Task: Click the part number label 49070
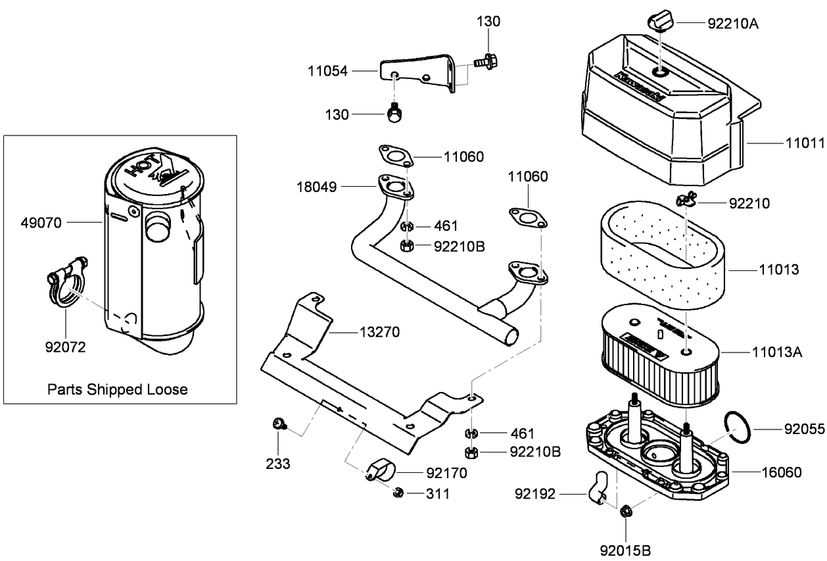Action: coord(40,223)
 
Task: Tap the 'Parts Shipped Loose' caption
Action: coord(117,389)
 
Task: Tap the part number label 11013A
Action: coord(777,352)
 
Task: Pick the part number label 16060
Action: coord(782,472)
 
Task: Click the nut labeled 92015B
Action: coord(626,510)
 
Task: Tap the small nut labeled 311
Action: coord(397,493)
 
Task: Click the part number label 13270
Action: coord(379,332)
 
